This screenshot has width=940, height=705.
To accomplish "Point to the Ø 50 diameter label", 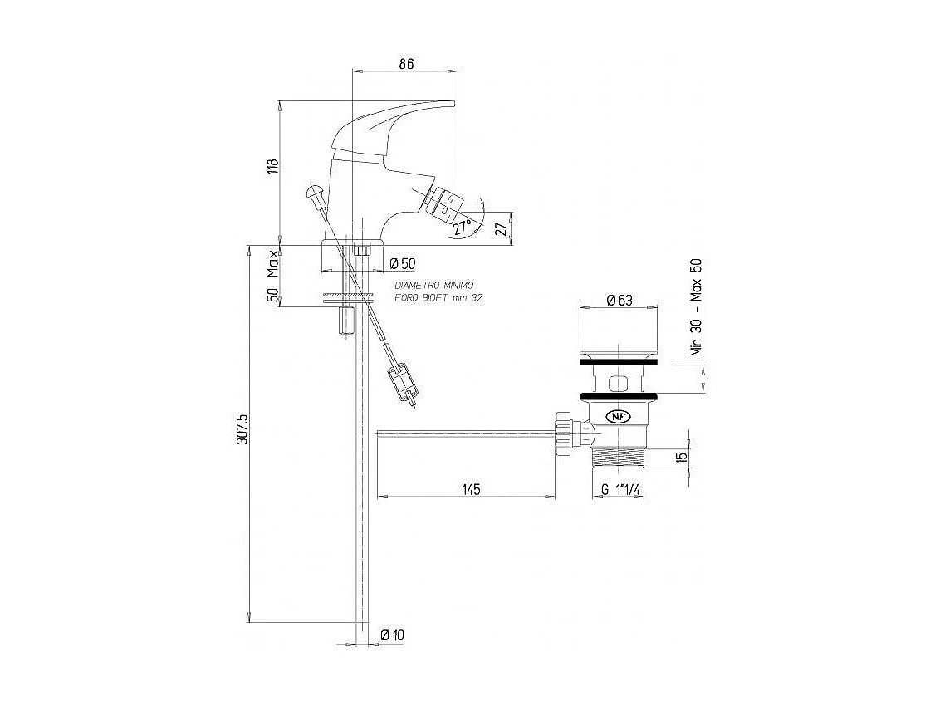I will pyautogui.click(x=403, y=263).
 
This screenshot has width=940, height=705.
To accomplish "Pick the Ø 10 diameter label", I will pyautogui.click(x=392, y=635).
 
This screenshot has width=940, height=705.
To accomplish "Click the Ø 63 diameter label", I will pyautogui.click(x=620, y=301).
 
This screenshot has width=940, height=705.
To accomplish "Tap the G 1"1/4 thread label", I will pyautogui.click(x=620, y=490).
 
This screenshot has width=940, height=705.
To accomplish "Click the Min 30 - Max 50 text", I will pyautogui.click(x=697, y=307).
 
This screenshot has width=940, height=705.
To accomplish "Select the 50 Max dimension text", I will pyautogui.click(x=271, y=277).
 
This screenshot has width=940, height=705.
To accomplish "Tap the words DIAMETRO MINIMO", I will pyautogui.click(x=434, y=285).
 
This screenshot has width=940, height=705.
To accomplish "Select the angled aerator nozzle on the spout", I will pyautogui.click(x=442, y=203).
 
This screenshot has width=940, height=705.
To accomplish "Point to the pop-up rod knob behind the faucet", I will pyautogui.click(x=313, y=193).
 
